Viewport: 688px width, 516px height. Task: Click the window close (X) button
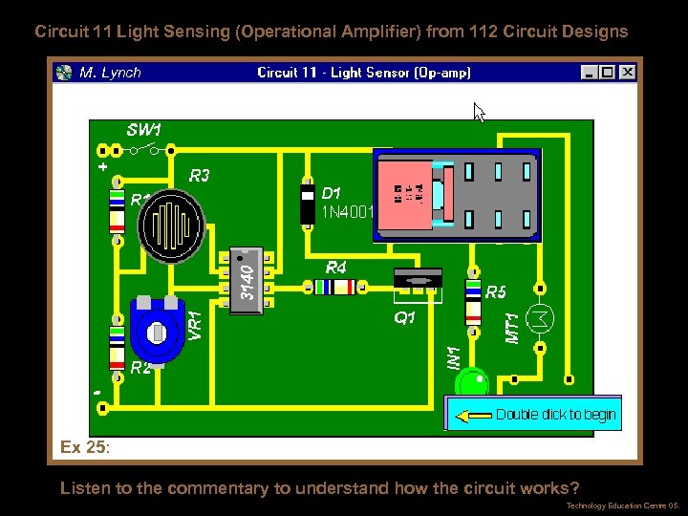628,73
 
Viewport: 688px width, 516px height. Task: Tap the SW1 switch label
144,130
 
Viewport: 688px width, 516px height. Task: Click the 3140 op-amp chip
247,278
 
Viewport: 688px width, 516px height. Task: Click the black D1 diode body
307,204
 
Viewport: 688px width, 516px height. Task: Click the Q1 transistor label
405,317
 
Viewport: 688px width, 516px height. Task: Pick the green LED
471,384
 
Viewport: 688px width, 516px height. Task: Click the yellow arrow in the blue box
473,416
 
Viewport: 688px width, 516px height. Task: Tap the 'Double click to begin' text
556,415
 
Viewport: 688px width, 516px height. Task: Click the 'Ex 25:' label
85,446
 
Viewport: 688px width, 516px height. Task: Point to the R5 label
496,291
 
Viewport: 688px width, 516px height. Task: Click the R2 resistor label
140,367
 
